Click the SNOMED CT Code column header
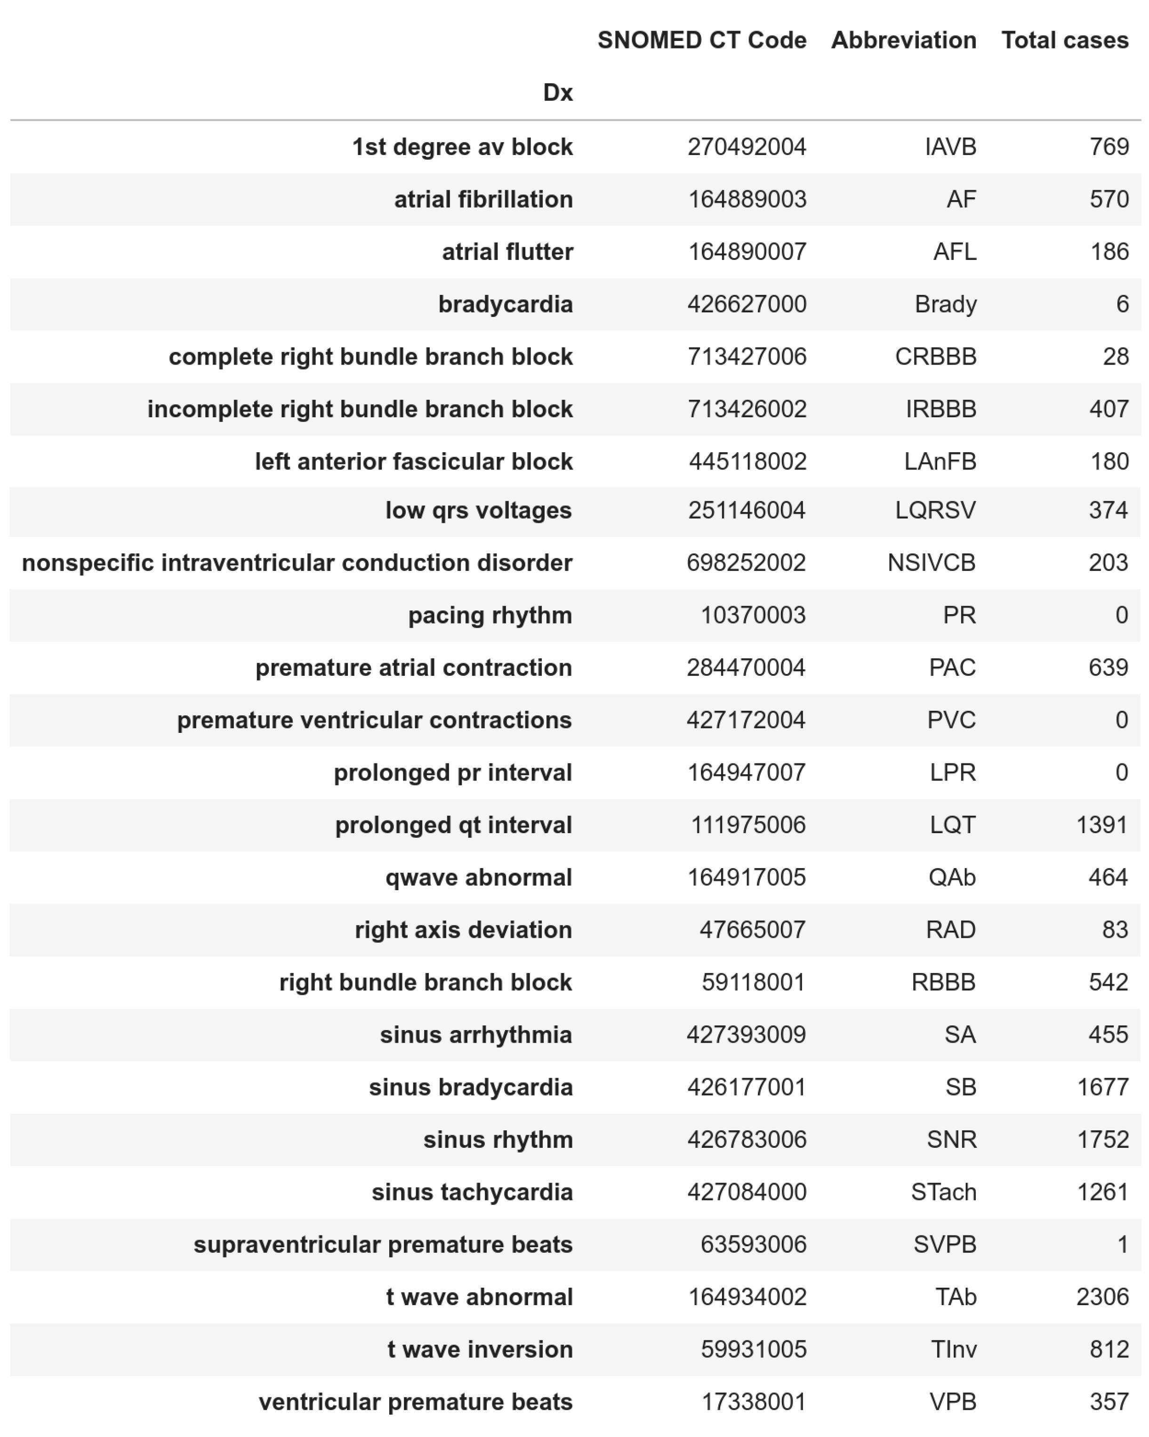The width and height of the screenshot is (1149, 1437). pos(701,40)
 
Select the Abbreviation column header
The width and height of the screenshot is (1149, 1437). pos(903,40)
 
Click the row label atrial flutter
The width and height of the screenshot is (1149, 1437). pos(507,252)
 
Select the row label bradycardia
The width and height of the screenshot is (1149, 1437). pos(505,305)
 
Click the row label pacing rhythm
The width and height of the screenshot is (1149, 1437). pos(490,615)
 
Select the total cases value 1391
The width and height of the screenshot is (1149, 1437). pos(1102,825)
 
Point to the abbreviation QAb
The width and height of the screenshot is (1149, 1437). pos(952,878)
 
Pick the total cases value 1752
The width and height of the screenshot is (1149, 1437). pos(1102,1140)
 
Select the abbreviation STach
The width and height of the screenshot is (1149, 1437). pos(943,1193)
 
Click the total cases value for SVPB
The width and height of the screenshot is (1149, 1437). pos(1122,1244)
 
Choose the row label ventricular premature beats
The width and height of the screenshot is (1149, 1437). pos(415,1402)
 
